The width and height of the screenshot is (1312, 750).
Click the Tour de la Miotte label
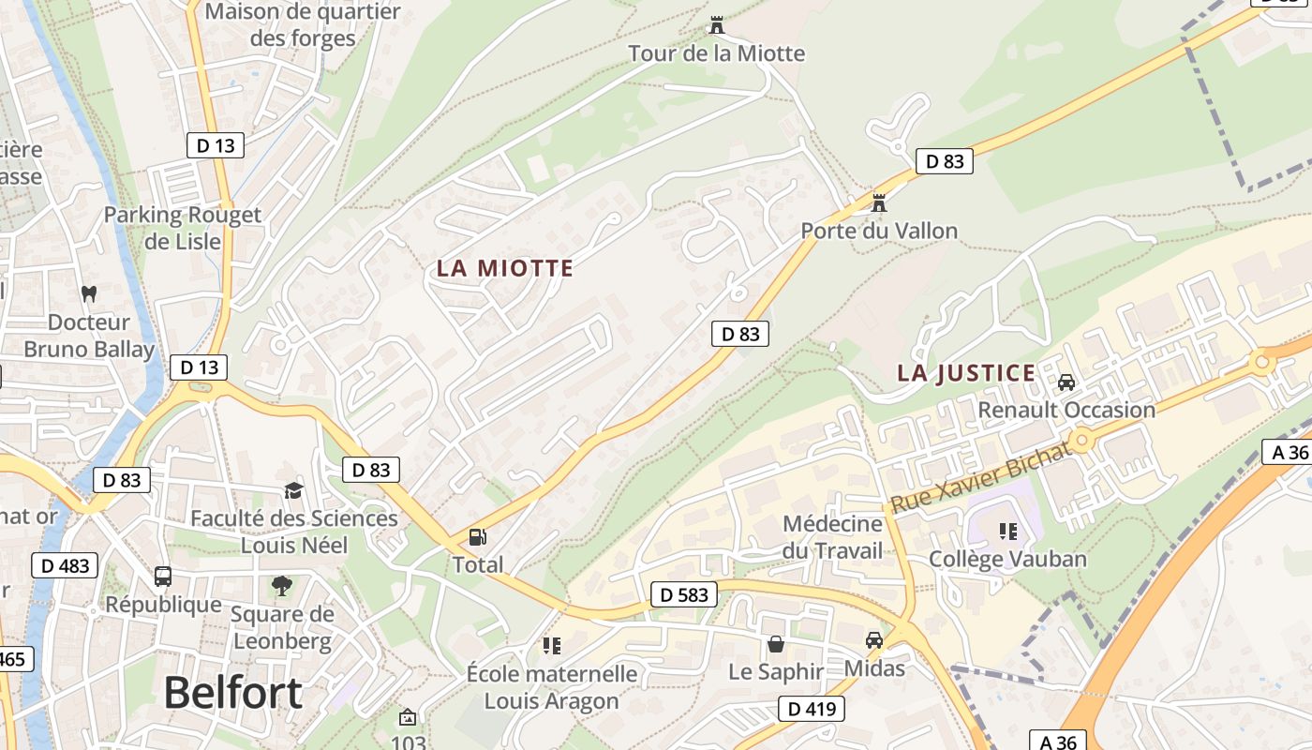pos(716,52)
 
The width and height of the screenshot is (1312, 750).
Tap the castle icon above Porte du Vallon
pos(879,202)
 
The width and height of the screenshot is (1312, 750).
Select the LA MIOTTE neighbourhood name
pos(504,268)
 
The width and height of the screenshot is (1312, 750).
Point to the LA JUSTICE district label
pos(966,373)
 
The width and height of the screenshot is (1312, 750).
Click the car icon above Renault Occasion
pos(1066,382)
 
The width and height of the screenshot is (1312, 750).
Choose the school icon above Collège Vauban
pos(1008,532)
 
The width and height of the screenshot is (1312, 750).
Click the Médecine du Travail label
pos(833,537)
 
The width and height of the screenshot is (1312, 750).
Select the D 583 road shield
pos(684,594)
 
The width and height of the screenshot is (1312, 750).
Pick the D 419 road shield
pos(812,709)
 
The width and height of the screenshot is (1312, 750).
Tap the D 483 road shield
pos(65,565)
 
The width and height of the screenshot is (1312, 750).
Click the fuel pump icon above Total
pos(478,537)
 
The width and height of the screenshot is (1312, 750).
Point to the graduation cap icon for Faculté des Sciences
pos(294,490)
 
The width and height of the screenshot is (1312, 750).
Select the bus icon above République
pos(163,577)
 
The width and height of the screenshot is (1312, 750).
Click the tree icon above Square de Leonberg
pos(281,587)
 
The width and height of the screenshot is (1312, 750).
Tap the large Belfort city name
pos(232,693)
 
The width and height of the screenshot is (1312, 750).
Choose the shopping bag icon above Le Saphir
pos(776,644)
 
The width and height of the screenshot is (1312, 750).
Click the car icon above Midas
pos(874,640)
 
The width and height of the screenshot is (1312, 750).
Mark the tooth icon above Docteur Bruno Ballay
pos(89,293)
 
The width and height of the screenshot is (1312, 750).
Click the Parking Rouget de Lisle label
pos(182,228)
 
